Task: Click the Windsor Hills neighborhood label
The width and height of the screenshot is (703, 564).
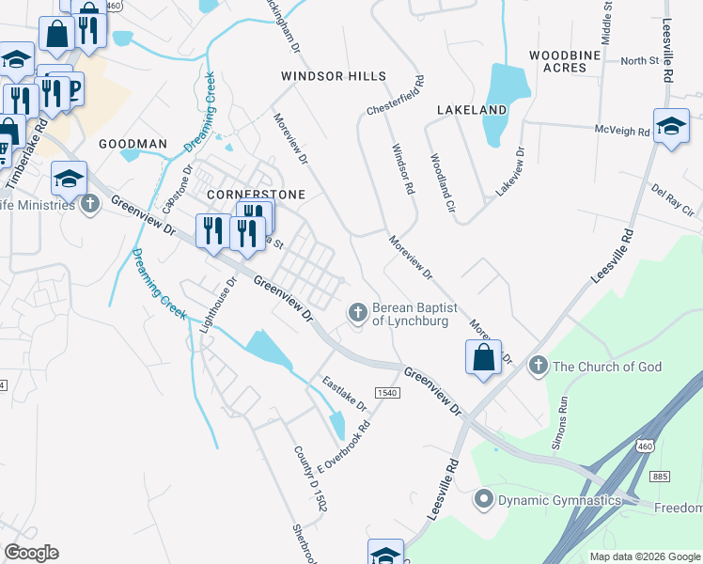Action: click(x=335, y=75)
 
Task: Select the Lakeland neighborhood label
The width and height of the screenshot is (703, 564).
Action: click(x=472, y=110)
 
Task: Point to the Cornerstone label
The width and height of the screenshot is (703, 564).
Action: click(x=243, y=194)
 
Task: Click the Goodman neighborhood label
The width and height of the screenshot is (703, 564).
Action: click(x=133, y=144)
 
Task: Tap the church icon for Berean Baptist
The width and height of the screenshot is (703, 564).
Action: click(x=357, y=311)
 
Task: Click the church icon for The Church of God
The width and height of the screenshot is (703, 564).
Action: click(x=539, y=365)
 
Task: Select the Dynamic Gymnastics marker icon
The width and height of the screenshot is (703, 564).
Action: click(x=485, y=498)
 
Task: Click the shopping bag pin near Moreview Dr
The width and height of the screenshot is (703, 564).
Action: click(x=483, y=358)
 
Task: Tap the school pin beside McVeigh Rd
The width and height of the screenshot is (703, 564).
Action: click(x=671, y=128)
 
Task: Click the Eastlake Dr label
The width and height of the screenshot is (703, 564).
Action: click(x=343, y=393)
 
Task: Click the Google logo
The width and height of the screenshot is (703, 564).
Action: click(x=32, y=553)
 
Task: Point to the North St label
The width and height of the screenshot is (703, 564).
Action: click(x=640, y=61)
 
